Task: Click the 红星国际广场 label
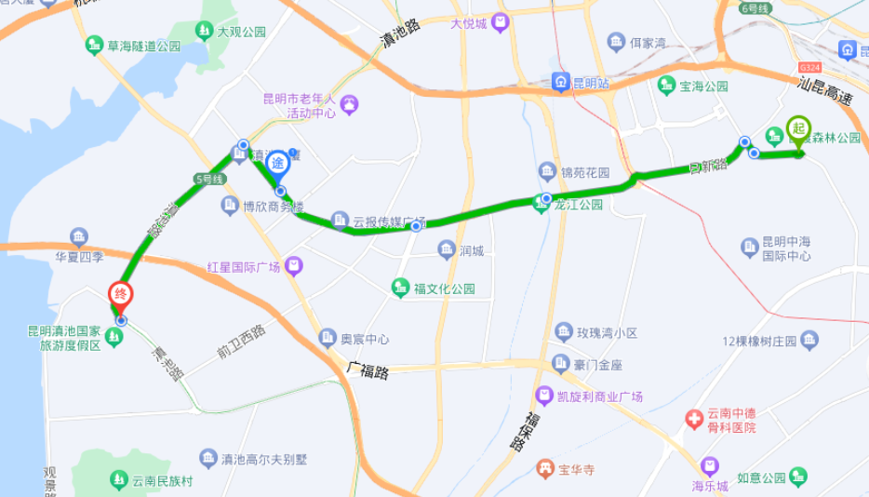coord(244,268)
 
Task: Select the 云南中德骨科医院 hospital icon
coord(693,420)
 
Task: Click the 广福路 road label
coord(367,369)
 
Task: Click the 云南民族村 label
coord(161,481)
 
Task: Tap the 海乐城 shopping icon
coord(710,465)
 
